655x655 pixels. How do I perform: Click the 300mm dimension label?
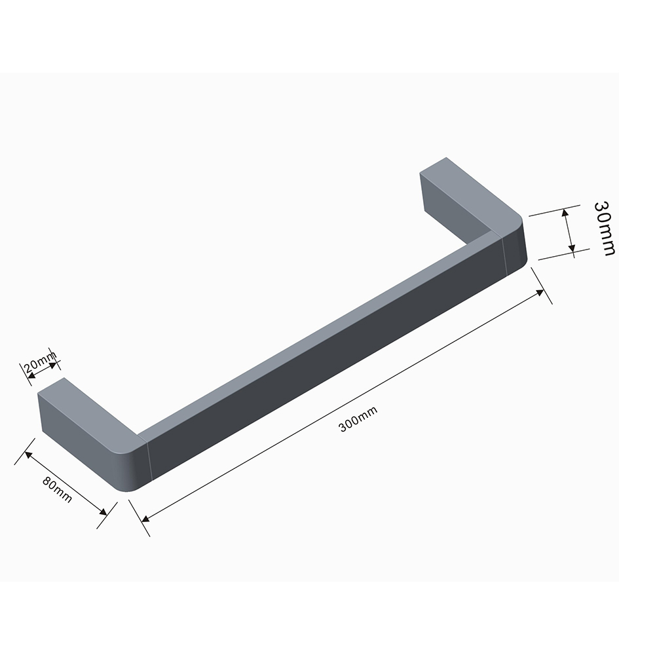(358, 419)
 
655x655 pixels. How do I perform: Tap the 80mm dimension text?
(58, 489)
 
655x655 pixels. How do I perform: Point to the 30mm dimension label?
(605, 227)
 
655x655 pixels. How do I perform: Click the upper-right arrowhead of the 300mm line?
(540, 291)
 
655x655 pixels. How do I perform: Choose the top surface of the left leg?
(85, 406)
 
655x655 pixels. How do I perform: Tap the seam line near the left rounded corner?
(149, 462)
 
